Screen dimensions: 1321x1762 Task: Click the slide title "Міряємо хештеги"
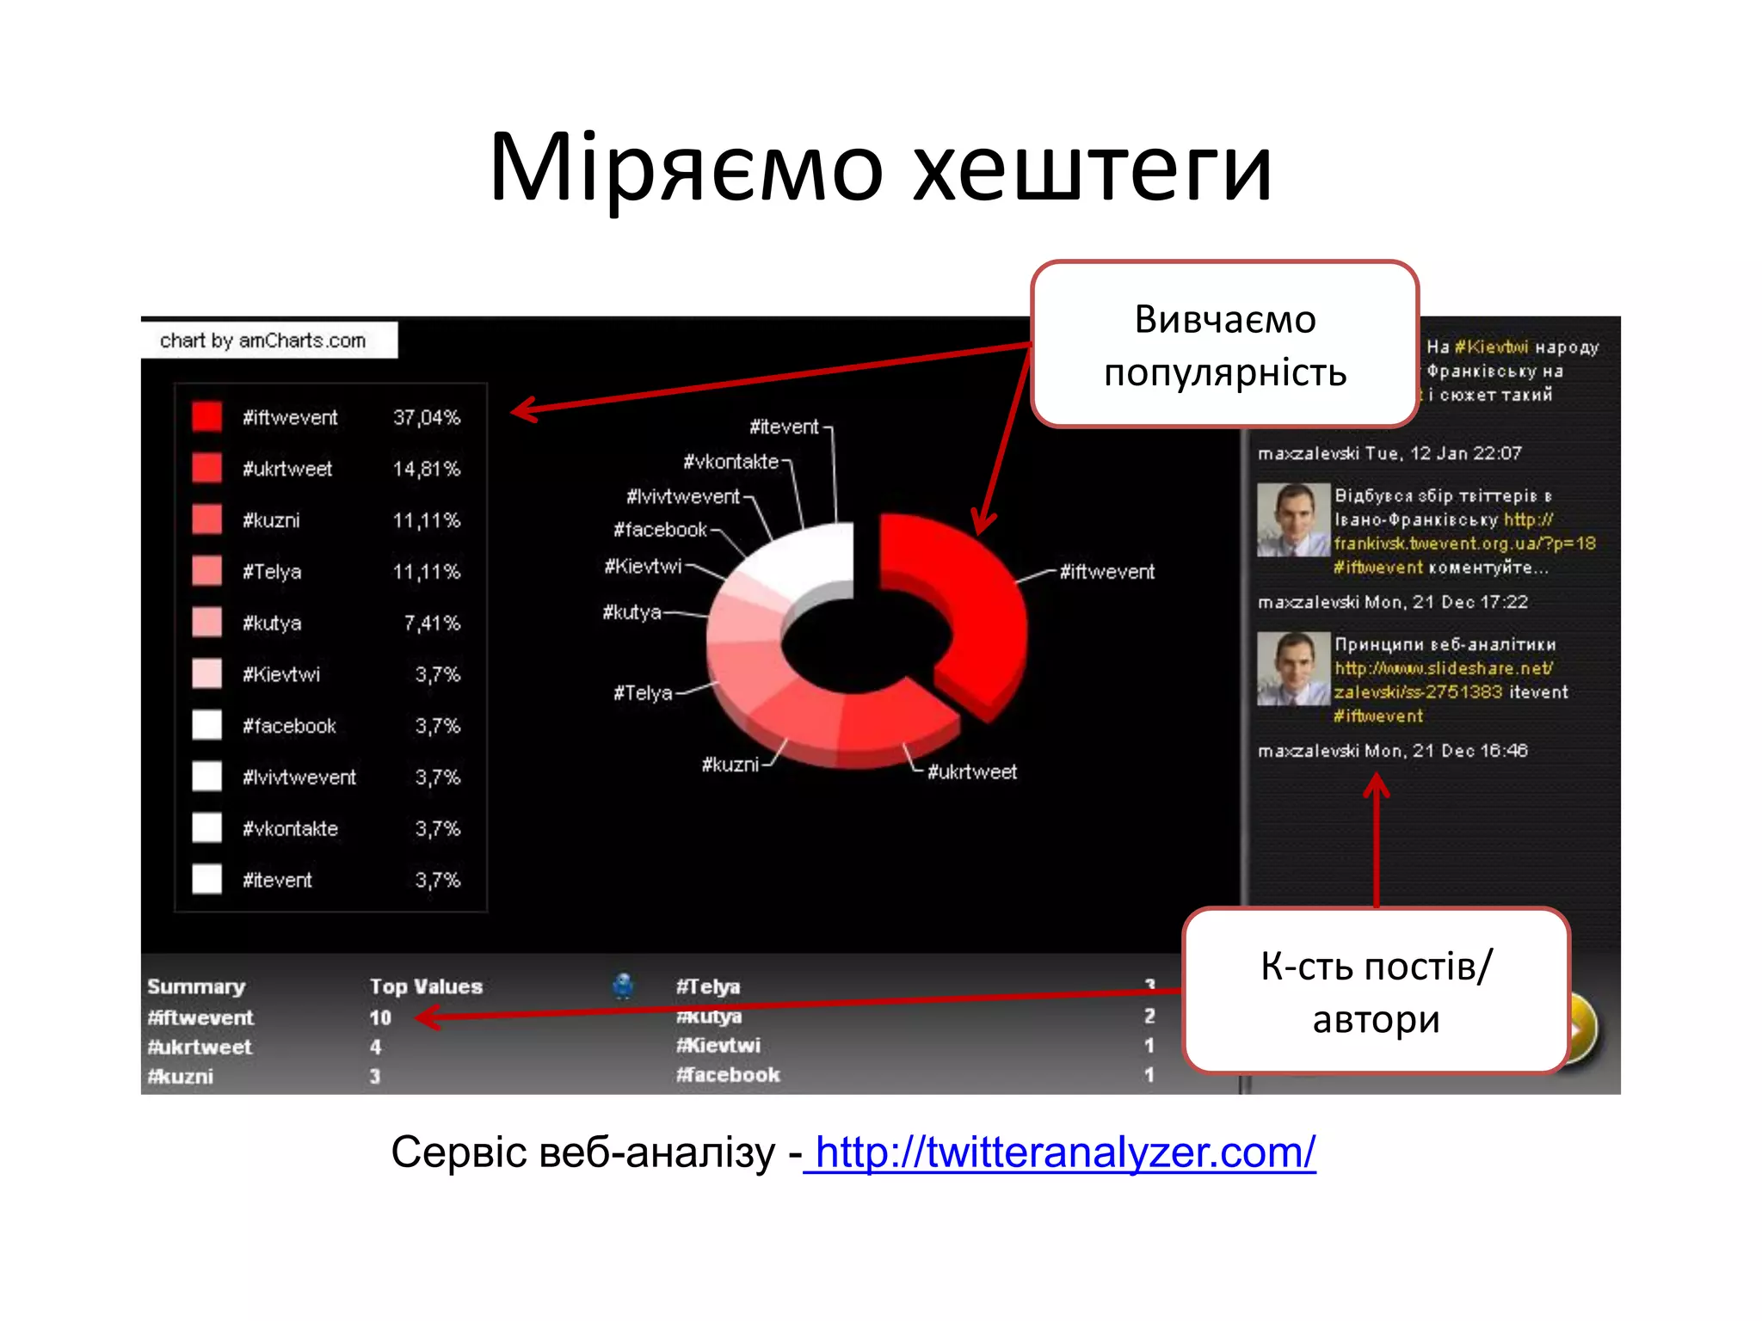(x=880, y=168)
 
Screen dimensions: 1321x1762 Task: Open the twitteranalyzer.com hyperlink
(x=1065, y=1152)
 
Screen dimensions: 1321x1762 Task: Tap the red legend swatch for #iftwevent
(x=206, y=417)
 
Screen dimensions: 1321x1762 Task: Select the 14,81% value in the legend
(x=426, y=469)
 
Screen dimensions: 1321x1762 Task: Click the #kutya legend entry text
(x=272, y=623)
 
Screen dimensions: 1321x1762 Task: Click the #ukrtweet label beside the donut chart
(x=971, y=772)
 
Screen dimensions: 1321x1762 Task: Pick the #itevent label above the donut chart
(x=784, y=427)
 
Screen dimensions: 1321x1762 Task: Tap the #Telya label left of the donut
(x=643, y=693)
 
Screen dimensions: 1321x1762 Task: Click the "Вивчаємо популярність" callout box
(x=1224, y=345)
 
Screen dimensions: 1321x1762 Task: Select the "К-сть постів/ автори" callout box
(x=1376, y=992)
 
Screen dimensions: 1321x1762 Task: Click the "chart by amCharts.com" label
(x=263, y=341)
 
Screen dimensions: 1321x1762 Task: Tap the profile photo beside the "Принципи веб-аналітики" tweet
(x=1293, y=668)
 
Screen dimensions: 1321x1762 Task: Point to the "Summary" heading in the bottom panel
(x=196, y=986)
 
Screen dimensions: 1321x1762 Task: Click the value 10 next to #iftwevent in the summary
(x=380, y=1017)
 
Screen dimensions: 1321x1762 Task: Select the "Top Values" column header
(x=426, y=986)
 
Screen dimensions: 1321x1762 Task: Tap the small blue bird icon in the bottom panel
(x=623, y=986)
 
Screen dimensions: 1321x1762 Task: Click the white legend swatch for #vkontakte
(x=206, y=827)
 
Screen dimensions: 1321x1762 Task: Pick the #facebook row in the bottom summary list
(x=728, y=1075)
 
